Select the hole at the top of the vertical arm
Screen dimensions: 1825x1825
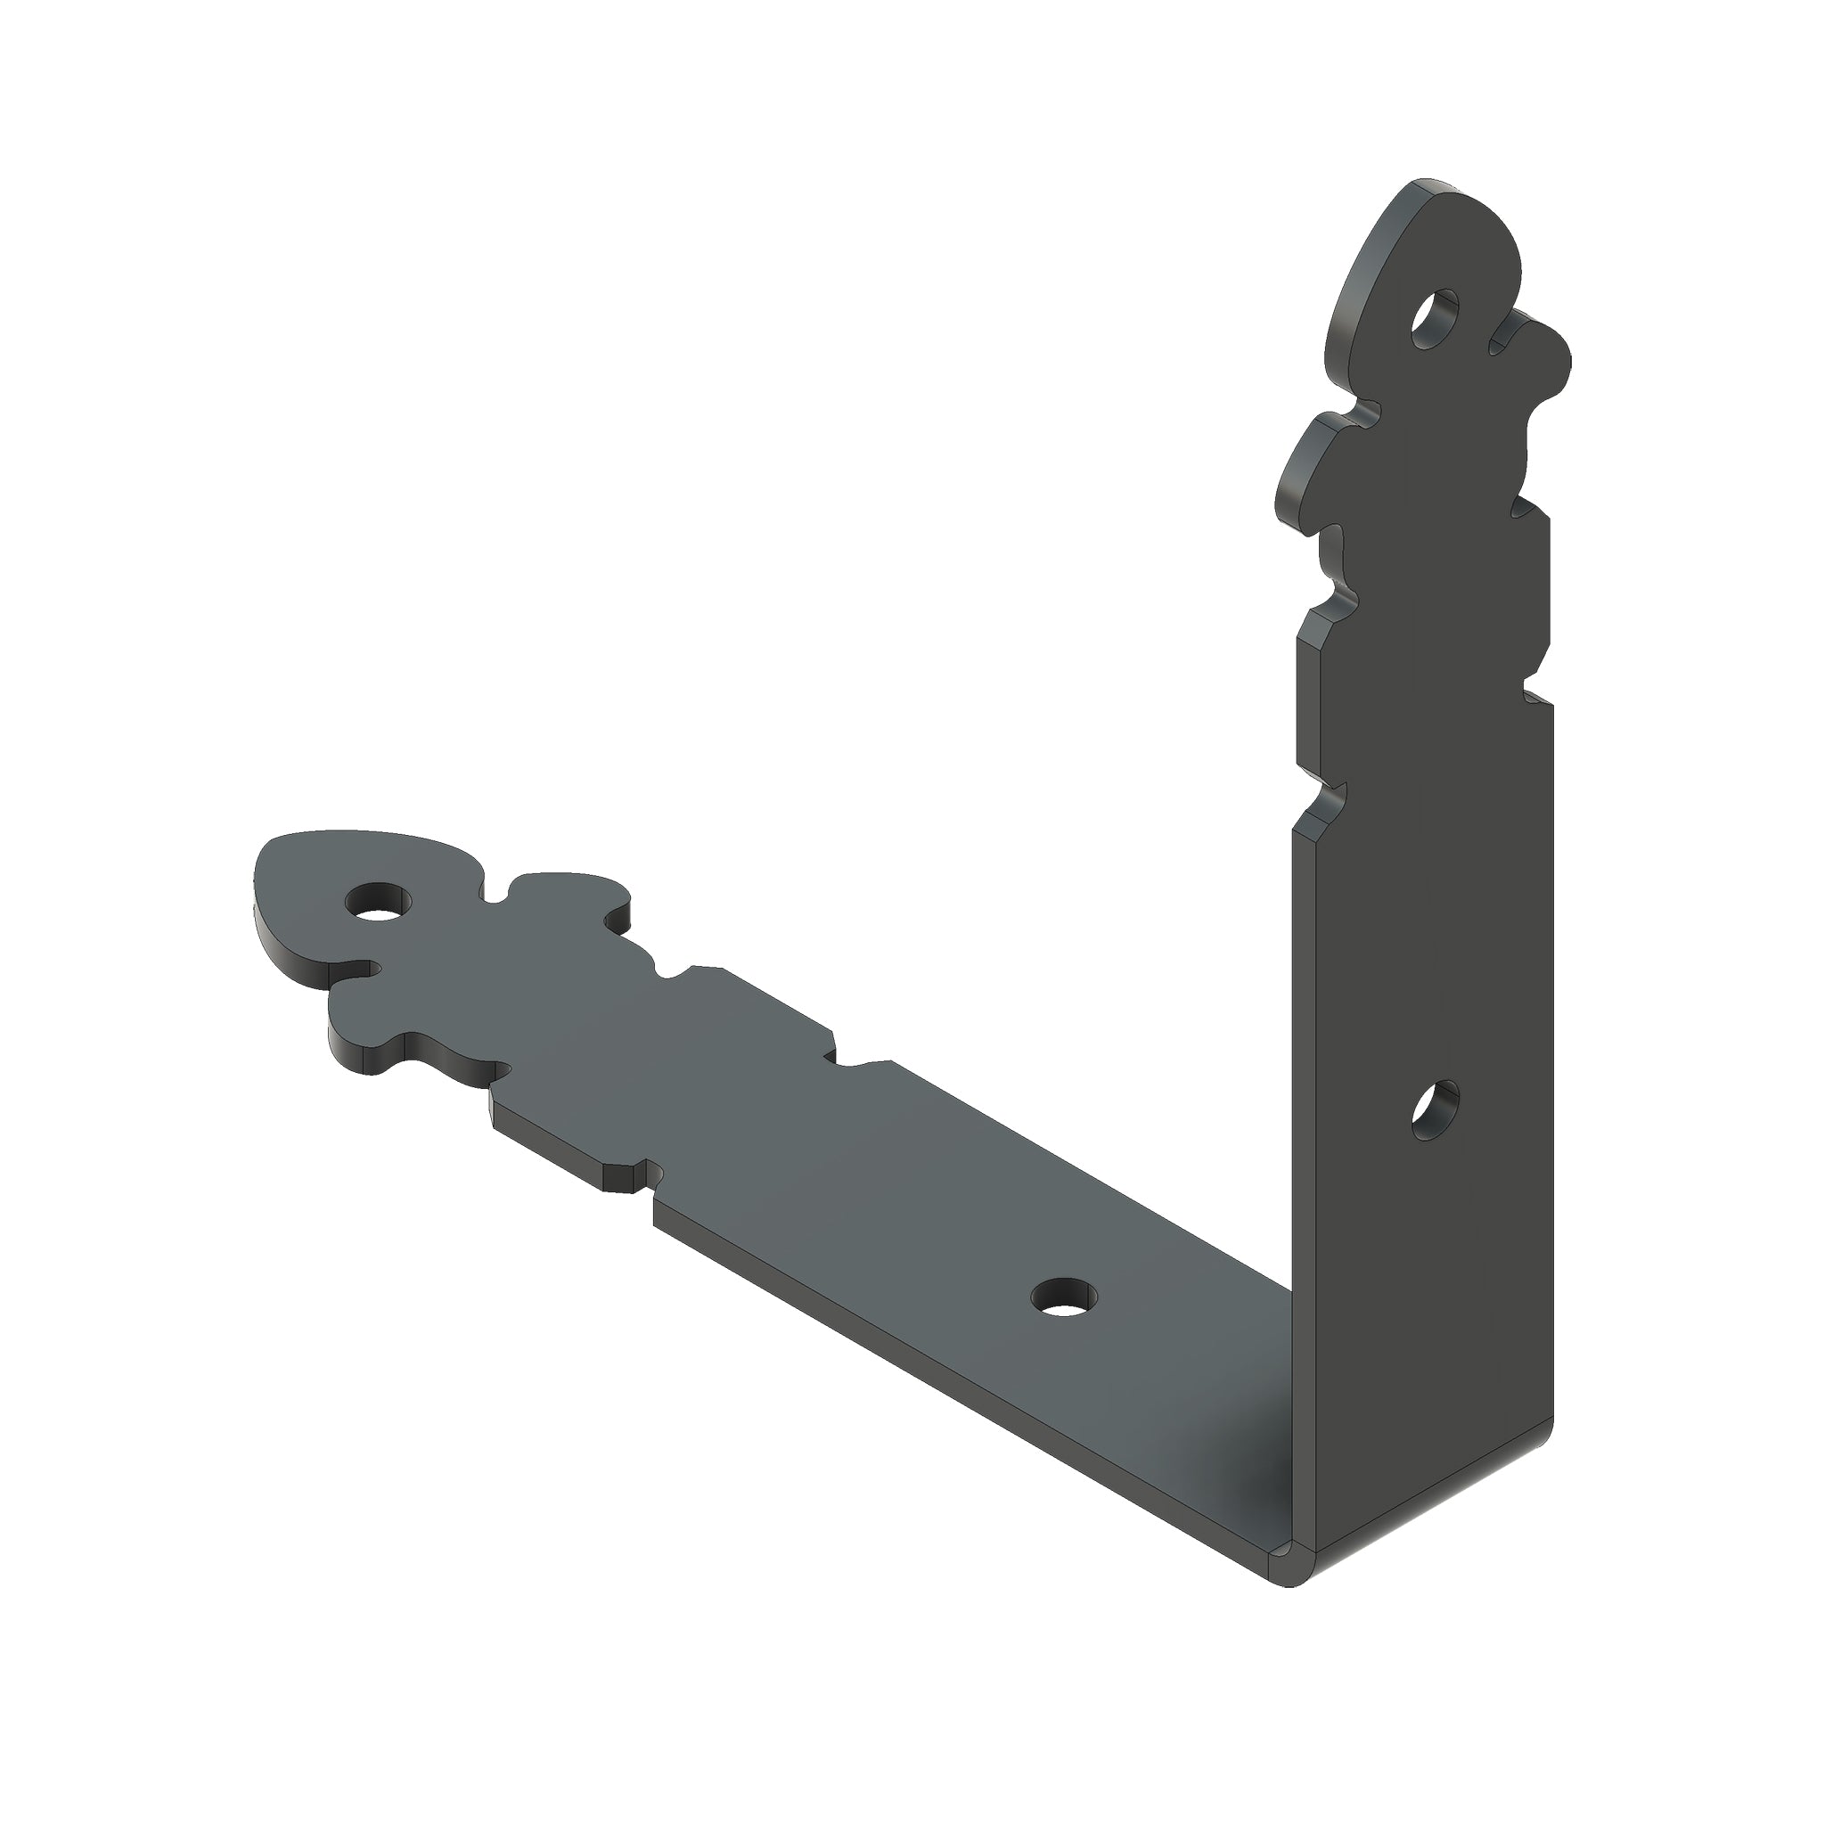click(x=1434, y=318)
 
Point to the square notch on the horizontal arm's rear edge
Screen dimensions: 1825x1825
click(x=836, y=1052)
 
